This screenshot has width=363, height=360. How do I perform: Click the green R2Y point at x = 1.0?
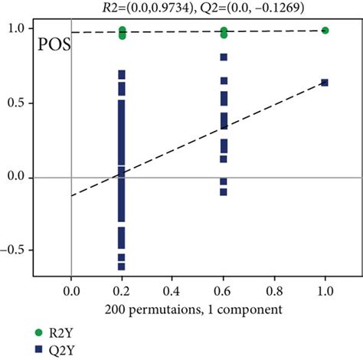click(325, 31)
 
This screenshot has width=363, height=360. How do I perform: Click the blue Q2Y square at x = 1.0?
click(325, 82)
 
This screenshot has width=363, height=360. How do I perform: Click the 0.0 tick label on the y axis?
click(16, 177)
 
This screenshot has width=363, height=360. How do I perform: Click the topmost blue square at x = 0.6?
click(224, 57)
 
